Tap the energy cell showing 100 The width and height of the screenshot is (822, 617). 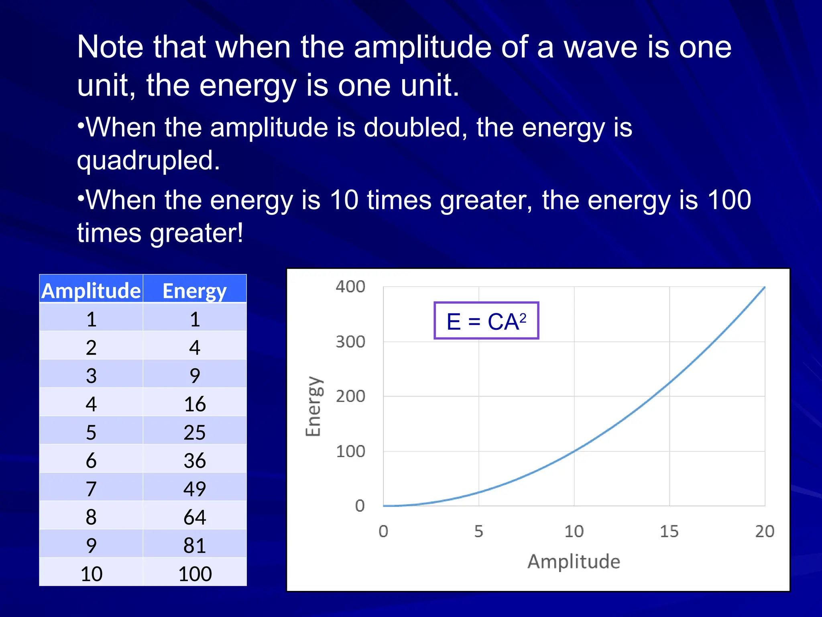[x=195, y=573]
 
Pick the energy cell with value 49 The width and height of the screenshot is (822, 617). [x=195, y=488]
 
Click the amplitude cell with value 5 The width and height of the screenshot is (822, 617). [x=91, y=432]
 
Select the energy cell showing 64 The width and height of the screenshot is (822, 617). [x=195, y=517]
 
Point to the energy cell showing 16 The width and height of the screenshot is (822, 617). [x=195, y=404]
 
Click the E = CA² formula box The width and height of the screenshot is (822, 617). [x=486, y=321]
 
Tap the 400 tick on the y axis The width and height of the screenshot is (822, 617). [x=350, y=287]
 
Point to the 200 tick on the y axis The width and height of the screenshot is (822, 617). [x=350, y=396]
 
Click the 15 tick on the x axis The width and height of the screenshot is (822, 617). [x=669, y=531]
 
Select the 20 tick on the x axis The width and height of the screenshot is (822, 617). [x=764, y=531]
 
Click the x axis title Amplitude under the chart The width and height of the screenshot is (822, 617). [x=574, y=561]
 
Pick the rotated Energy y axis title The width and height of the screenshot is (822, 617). [x=313, y=406]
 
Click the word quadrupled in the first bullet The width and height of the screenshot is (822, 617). [x=149, y=160]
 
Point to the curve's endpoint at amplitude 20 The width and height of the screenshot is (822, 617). [x=764, y=287]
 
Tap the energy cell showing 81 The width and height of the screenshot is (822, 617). [x=195, y=545]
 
